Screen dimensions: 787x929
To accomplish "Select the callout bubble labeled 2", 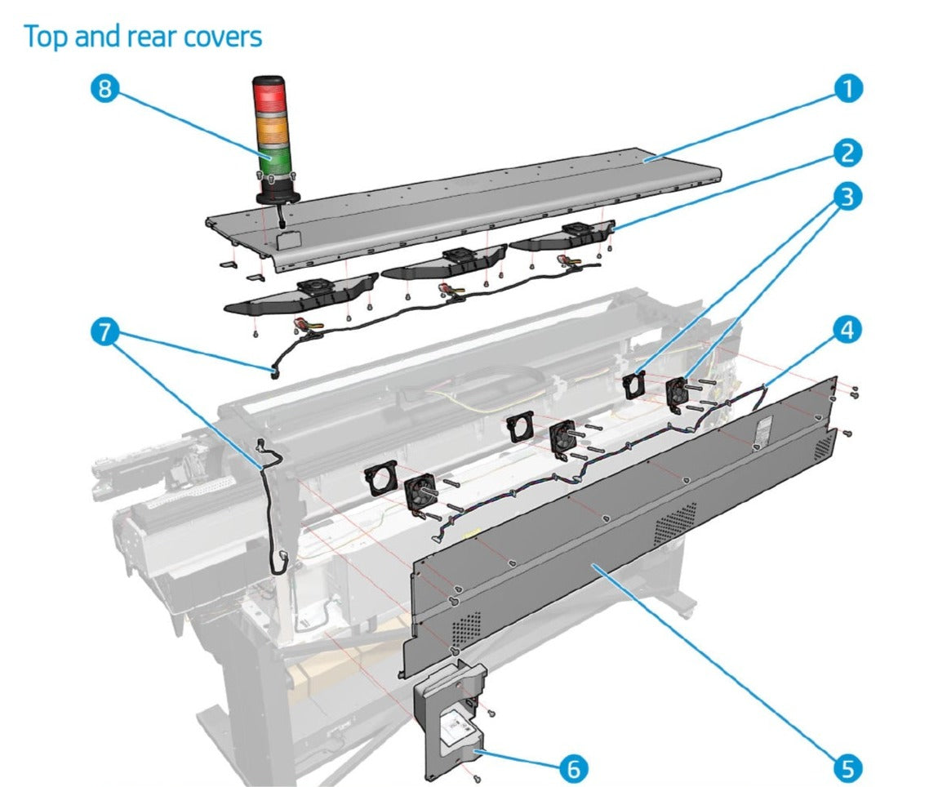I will point(848,152).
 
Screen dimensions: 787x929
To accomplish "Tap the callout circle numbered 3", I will point(848,196).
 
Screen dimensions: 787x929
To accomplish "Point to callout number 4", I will point(848,329).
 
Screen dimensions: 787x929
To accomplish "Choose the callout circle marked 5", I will point(848,767).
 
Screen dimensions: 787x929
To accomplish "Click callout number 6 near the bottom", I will point(571,767).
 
